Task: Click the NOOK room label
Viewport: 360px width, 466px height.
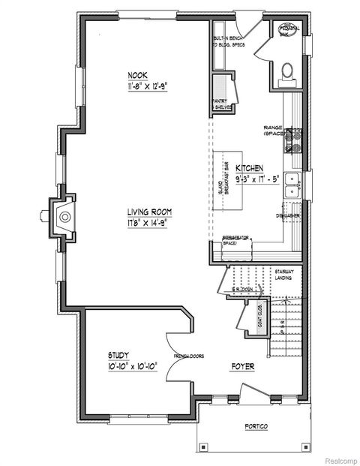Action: pyautogui.click(x=137, y=74)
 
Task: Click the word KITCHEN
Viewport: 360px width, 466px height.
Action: pyautogui.click(x=248, y=168)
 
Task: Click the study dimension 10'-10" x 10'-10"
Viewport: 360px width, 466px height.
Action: pyautogui.click(x=121, y=367)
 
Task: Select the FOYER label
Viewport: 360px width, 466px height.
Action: pyautogui.click(x=241, y=366)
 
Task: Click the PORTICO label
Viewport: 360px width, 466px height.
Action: pyautogui.click(x=256, y=426)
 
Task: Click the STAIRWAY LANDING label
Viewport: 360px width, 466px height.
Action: pyautogui.click(x=283, y=274)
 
